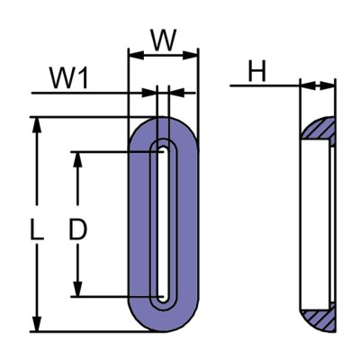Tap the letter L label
tap(35, 231)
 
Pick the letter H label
tap(258, 73)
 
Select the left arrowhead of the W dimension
tap(134, 56)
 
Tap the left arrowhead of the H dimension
tap(304, 86)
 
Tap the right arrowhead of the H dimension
tap(330, 86)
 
